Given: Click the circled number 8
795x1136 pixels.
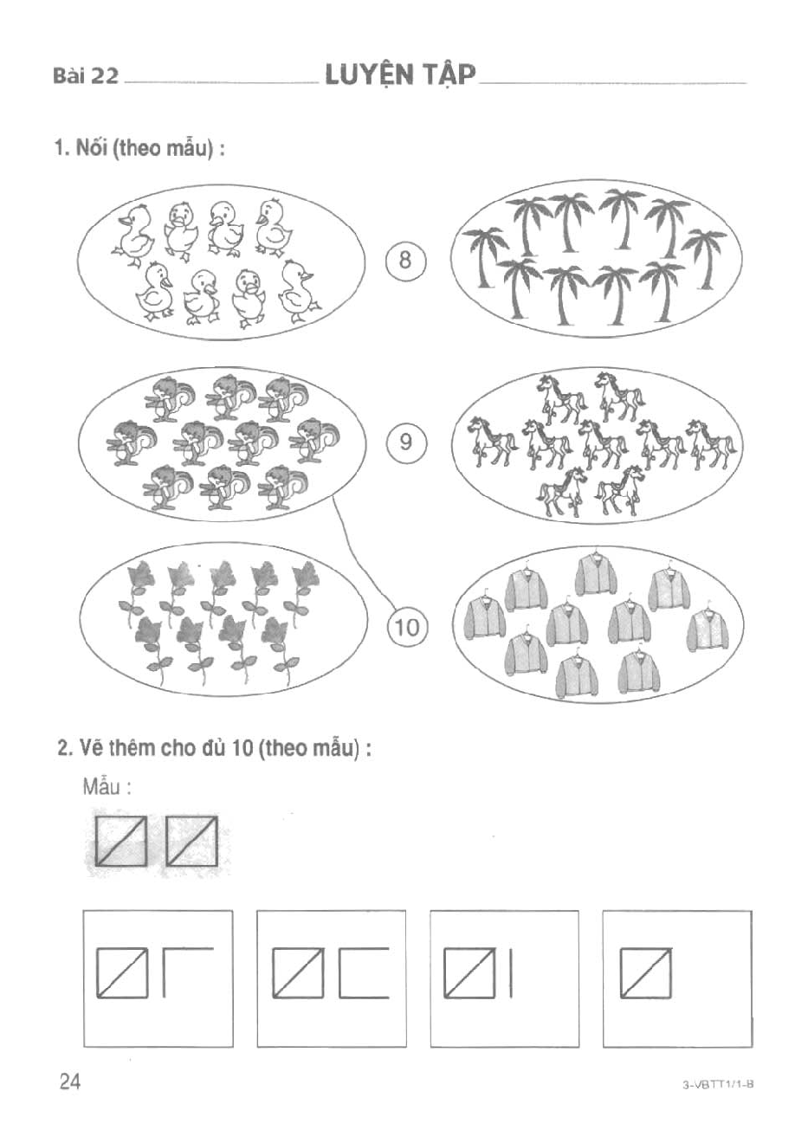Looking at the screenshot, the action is point(405,261).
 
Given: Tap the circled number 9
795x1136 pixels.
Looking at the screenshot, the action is point(406,442).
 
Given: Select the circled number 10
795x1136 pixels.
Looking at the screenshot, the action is point(407,628).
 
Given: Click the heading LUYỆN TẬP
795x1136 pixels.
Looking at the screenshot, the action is point(400,75).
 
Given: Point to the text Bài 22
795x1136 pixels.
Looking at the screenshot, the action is point(86,76).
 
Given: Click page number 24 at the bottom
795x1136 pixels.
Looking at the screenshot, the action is point(70,1081).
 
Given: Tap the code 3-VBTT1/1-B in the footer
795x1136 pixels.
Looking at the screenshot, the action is point(718,1085).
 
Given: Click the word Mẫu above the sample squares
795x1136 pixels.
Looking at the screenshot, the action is point(102,787).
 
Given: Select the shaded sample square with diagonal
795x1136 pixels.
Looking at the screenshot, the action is point(122,841).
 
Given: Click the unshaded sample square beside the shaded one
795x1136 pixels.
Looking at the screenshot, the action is point(191,841).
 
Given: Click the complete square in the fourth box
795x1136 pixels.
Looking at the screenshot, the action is point(645,972).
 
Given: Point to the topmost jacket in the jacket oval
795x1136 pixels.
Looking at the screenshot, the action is point(596,574).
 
